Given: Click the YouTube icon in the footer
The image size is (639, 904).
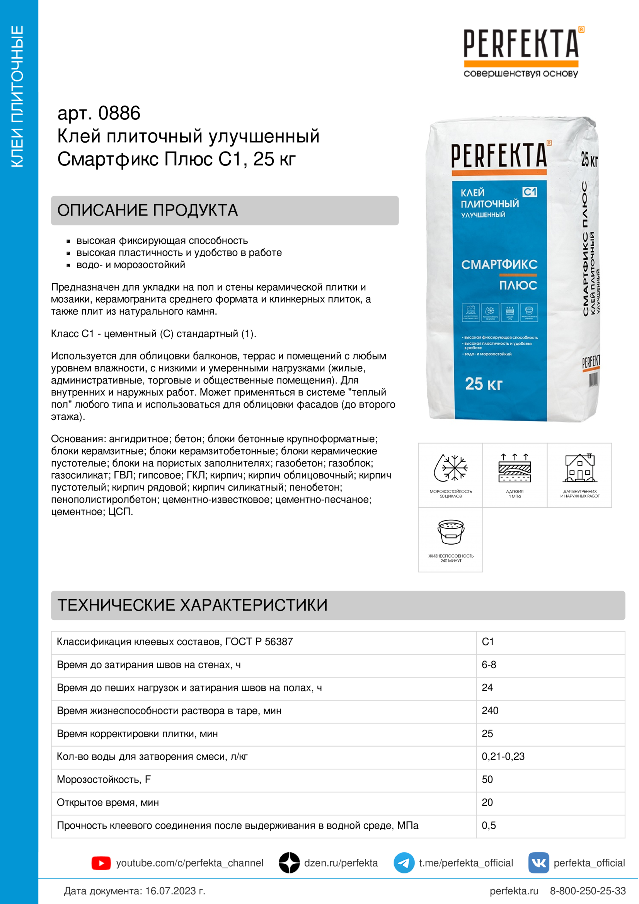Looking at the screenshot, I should [x=101, y=863].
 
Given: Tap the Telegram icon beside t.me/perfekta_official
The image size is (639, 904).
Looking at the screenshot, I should [x=404, y=863].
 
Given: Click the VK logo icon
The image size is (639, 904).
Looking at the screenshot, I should [x=538, y=863].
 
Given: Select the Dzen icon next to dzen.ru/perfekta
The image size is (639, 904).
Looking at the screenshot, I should [x=290, y=863].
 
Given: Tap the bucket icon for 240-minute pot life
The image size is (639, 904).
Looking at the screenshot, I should [x=451, y=532].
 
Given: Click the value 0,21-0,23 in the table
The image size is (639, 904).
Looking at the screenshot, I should [x=503, y=756].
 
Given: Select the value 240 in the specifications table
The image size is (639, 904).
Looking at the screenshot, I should [x=490, y=711].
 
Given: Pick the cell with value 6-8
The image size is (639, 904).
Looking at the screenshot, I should [x=489, y=665].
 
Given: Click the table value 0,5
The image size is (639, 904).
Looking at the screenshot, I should [x=489, y=825].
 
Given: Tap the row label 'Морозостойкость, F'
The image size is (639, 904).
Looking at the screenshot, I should [x=104, y=780].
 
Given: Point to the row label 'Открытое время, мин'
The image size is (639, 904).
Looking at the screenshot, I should [x=108, y=802].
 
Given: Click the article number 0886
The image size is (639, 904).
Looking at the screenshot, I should [x=119, y=113].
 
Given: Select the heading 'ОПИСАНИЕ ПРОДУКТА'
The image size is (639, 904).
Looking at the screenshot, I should [x=148, y=210].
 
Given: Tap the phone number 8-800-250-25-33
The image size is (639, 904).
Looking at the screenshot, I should [x=588, y=890].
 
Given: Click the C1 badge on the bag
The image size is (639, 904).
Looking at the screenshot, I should [x=530, y=192].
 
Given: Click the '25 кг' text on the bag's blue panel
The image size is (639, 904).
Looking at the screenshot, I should [x=484, y=383].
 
